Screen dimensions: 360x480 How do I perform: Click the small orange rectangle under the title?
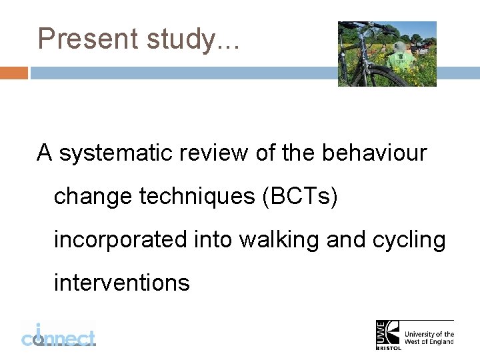(x=13, y=73)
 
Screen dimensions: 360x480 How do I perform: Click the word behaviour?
(x=374, y=153)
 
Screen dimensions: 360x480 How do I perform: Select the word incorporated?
(x=120, y=239)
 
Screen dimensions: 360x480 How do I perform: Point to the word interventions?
(x=121, y=283)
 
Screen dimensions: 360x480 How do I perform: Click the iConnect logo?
(x=58, y=335)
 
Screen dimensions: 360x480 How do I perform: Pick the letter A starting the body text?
(x=45, y=153)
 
